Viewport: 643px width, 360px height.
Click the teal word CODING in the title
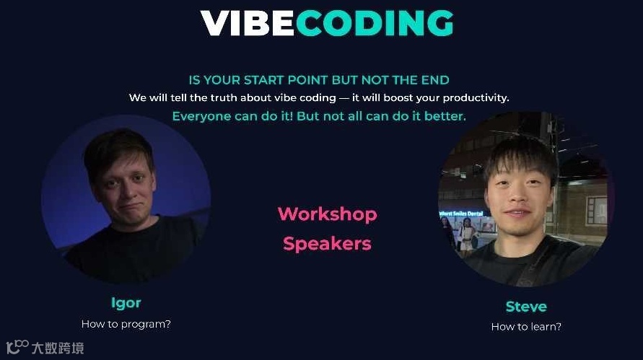click(x=374, y=23)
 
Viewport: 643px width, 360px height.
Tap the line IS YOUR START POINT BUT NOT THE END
click(x=318, y=80)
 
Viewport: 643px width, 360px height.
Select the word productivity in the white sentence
click(x=476, y=97)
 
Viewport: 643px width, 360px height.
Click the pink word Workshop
click(x=327, y=214)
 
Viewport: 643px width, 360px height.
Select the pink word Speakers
click(x=327, y=244)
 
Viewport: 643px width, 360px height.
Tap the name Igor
click(x=126, y=302)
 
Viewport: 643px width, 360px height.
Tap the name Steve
click(x=525, y=307)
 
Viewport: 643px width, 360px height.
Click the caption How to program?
click(x=126, y=324)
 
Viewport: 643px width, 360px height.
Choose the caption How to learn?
click(x=525, y=327)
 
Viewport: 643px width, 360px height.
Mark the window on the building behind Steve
click(x=596, y=210)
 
